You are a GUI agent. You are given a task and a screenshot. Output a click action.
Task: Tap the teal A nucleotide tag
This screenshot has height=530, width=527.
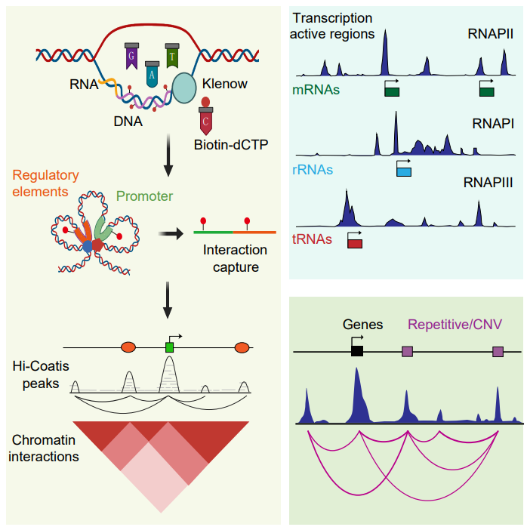153,75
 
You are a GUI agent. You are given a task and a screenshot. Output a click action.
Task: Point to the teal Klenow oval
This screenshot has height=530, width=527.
184,88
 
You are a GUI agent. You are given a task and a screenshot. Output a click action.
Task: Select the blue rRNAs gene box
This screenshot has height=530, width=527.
404,171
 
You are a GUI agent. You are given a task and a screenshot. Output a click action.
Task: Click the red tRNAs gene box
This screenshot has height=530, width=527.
354,244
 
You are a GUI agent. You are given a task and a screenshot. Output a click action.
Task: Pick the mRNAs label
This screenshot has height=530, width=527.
316,91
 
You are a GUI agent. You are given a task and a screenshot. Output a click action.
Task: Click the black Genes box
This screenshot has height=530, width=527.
357,350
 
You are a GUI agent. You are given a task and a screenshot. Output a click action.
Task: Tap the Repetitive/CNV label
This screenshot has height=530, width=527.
455,325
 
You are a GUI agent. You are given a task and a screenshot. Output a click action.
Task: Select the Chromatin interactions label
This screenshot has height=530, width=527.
46,448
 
